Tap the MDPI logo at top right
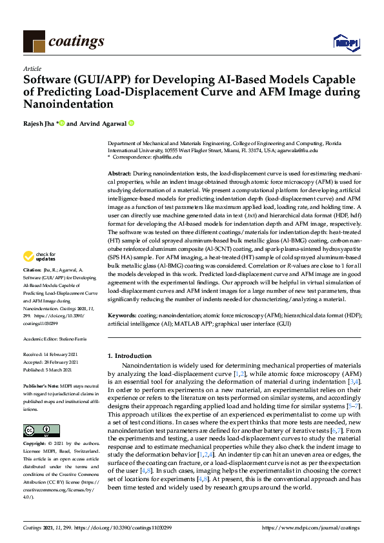[x=345, y=43]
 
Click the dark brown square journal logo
[x=34, y=43]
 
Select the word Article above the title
[x=32, y=68]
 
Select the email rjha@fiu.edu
[x=167, y=156]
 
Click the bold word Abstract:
[x=119, y=175]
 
